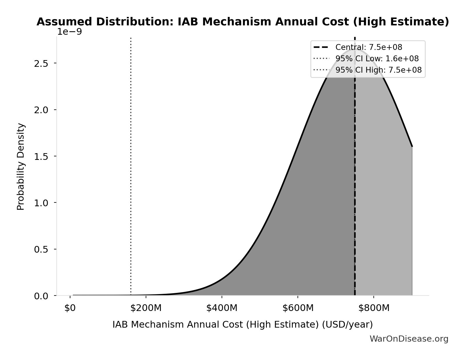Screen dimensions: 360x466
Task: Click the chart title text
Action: pos(243,22)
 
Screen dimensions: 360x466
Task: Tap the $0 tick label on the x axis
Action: pos(70,308)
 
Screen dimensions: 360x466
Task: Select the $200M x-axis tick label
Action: pos(146,308)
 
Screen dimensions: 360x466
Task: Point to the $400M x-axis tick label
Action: pos(222,308)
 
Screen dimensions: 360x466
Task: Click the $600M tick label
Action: pos(298,308)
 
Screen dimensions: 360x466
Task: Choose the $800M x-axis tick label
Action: pos(374,308)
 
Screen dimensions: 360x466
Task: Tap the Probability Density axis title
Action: pos(21,167)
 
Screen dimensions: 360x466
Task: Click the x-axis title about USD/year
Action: pos(243,325)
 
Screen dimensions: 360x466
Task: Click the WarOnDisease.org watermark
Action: pos(409,339)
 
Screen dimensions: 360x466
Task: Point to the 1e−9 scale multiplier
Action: pos(69,32)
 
